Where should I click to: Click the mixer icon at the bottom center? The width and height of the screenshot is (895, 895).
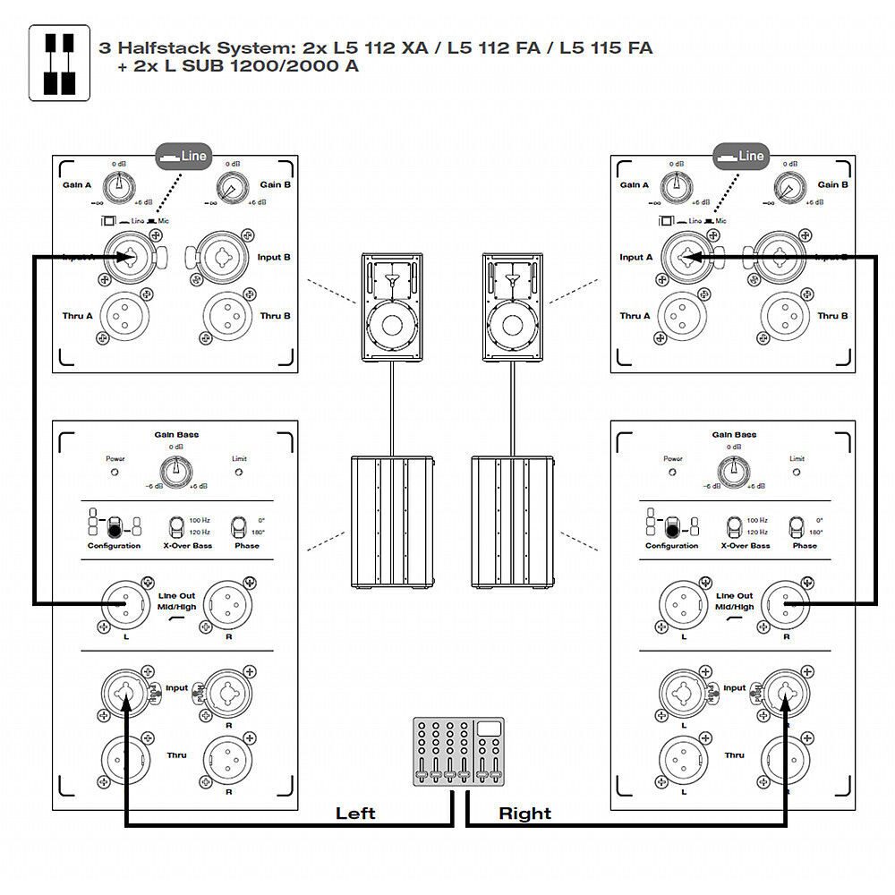(458, 751)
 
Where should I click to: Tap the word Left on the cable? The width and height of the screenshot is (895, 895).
(355, 814)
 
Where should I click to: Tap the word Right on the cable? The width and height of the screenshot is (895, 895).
(524, 814)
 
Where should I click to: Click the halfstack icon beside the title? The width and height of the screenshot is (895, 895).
(59, 62)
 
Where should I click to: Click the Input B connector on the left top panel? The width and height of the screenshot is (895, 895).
(219, 258)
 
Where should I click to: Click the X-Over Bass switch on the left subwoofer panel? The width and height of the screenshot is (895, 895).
(176, 525)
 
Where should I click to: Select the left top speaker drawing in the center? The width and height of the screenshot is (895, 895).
(390, 306)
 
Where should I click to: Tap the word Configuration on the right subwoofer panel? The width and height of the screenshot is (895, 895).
(671, 546)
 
